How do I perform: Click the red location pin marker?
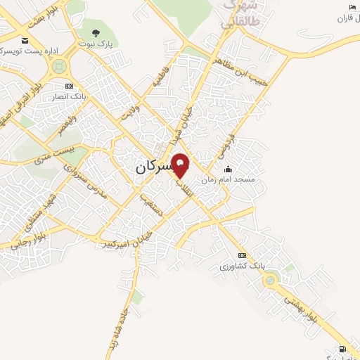coord(181,165)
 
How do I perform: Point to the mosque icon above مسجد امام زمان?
coord(227,169)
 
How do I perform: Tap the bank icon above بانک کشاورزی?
coord(243,255)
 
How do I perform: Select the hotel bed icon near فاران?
coord(352,8)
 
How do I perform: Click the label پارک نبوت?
coord(96,44)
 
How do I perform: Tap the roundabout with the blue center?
coord(270,281)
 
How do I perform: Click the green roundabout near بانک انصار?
coord(59,67)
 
